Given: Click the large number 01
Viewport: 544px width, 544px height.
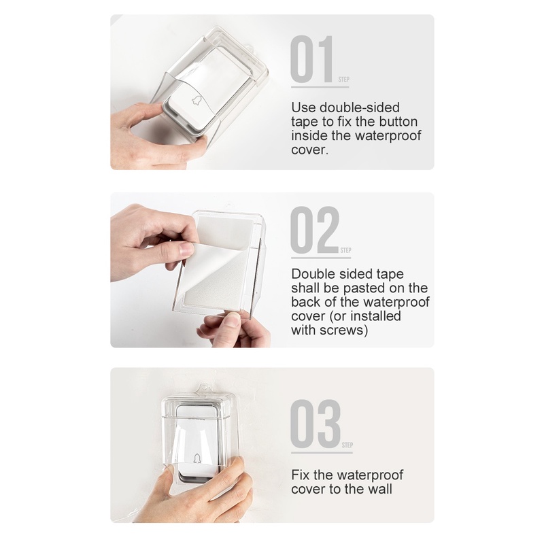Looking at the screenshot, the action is (312, 59).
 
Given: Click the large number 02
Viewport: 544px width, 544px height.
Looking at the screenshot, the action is (315, 230).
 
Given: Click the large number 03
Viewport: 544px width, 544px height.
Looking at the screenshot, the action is (316, 424).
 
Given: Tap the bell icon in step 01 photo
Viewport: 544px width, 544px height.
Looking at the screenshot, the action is (197, 100).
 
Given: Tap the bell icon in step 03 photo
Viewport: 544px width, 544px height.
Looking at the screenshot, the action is (197, 458).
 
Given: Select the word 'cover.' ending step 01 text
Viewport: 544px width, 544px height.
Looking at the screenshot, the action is (309, 150).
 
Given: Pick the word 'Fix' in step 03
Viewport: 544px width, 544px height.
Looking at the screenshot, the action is (300, 475).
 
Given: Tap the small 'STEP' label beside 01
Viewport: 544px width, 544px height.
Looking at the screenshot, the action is (344, 80).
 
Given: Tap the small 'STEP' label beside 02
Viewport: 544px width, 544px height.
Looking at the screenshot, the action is (345, 250).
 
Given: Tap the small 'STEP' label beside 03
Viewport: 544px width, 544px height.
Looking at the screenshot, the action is (347, 445).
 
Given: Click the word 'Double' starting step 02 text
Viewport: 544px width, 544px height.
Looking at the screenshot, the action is (313, 274).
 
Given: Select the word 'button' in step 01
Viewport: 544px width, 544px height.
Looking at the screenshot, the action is (398, 122).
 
